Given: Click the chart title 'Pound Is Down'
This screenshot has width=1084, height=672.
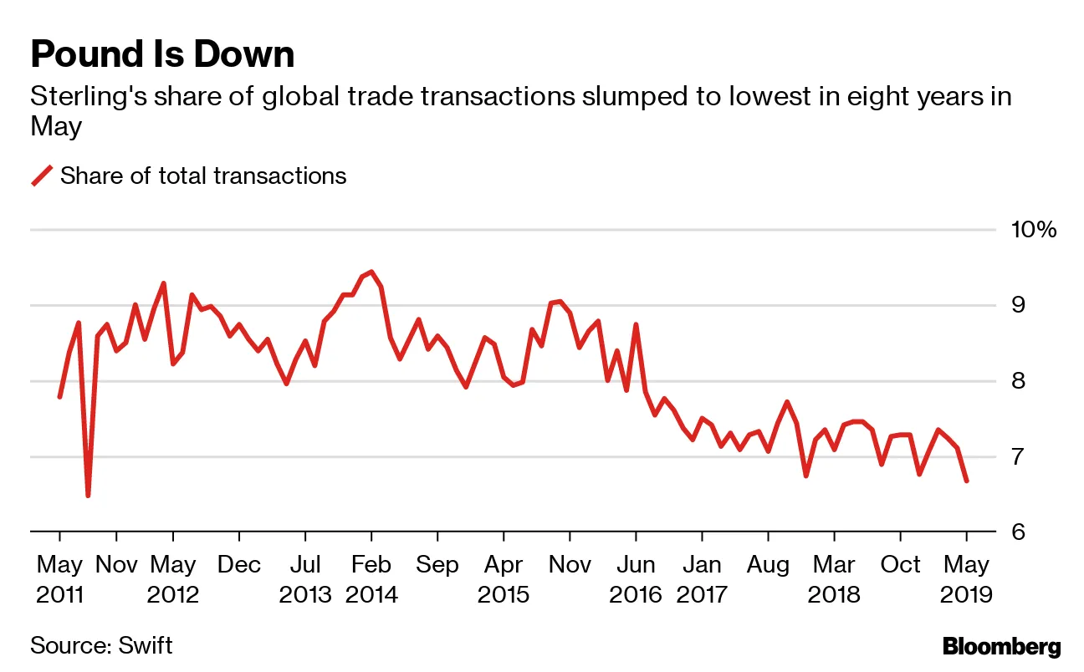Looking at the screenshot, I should (x=162, y=55).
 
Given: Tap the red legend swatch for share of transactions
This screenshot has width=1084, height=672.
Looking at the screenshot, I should (x=42, y=176).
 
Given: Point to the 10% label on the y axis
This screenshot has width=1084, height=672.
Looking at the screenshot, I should (x=1034, y=230).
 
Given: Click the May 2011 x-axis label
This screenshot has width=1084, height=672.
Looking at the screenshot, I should (x=59, y=579).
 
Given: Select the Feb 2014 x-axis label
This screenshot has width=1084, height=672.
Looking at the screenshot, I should (x=371, y=579).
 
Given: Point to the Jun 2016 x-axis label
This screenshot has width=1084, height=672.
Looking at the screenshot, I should (x=635, y=579).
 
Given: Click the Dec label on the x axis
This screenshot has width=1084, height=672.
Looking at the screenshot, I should (x=239, y=566).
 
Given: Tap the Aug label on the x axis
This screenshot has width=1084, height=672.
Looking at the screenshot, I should (x=768, y=566).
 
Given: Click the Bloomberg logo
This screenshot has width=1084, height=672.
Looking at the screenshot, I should (x=1001, y=646).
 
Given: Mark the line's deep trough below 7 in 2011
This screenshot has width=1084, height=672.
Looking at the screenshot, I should (x=88, y=496).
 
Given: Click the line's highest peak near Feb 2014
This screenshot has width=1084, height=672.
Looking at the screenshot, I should (x=371, y=272).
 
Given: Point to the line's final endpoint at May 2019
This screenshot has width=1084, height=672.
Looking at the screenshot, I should (x=967, y=481).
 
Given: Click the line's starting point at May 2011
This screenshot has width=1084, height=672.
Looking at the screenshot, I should (x=59, y=396).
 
